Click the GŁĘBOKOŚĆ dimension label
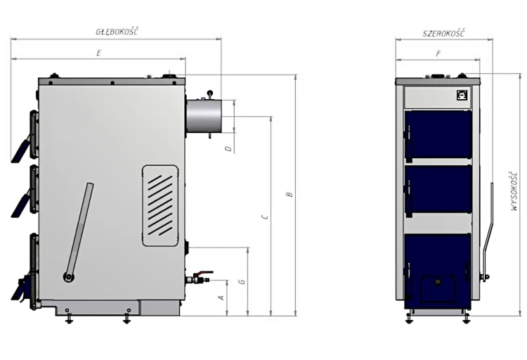(x=117, y=32)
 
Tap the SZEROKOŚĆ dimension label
(x=443, y=33)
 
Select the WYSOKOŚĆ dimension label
(x=514, y=191)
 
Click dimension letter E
(x=98, y=53)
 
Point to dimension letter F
(x=438, y=53)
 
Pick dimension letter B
(x=289, y=195)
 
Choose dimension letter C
(x=265, y=217)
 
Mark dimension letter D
(x=228, y=148)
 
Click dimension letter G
(x=242, y=282)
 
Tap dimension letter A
(x=221, y=297)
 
